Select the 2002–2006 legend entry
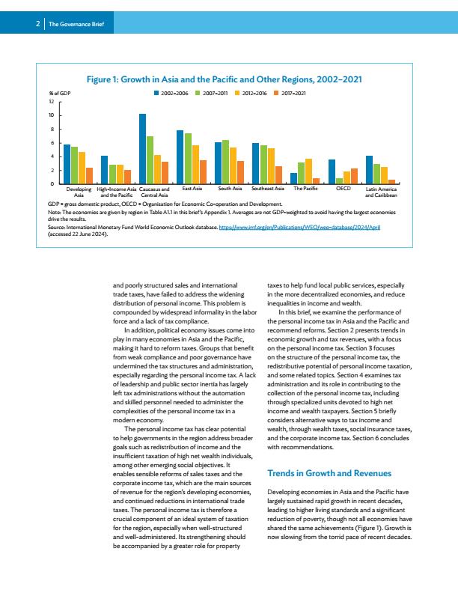click(171, 93)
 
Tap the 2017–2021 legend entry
click(290, 93)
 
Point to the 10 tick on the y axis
click(52, 115)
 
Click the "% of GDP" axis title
click(60, 93)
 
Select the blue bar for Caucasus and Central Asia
click(142, 149)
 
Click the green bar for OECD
click(339, 181)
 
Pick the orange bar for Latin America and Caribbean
click(392, 182)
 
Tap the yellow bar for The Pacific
click(309, 171)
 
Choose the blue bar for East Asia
click(180, 157)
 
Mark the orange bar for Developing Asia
click(90, 176)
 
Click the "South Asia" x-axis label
click(230, 189)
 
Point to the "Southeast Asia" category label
click(268, 189)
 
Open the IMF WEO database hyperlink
click(299, 228)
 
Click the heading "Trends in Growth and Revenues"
click(329, 473)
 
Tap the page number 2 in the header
click(37, 24)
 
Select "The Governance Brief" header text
click(76, 24)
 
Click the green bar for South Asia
click(225, 162)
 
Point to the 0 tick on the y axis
click(52, 183)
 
